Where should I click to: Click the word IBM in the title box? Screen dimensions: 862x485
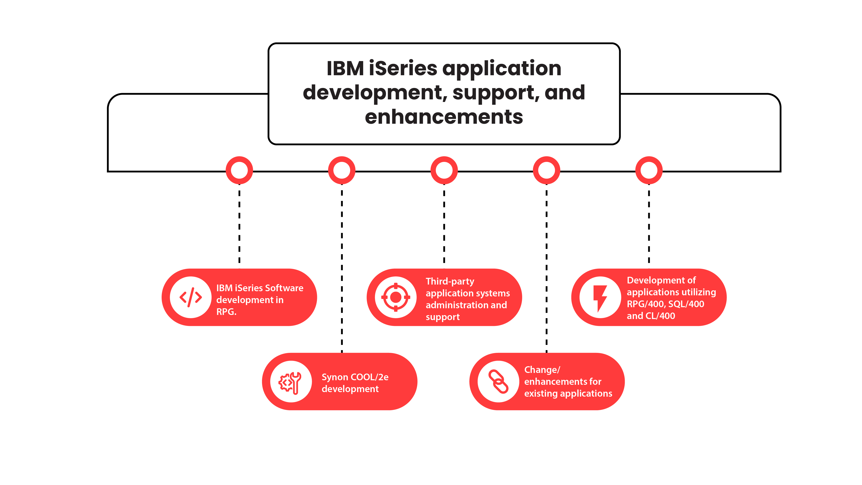point(345,68)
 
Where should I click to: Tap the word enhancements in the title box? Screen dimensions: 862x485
point(444,117)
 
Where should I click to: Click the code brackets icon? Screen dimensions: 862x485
point(191,297)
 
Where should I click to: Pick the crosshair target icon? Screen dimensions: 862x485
point(395,297)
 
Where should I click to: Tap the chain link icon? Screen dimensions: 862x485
point(498,382)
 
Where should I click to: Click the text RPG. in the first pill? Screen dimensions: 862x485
point(226,312)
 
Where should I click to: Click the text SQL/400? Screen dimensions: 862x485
point(686,304)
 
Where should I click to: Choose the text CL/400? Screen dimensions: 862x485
point(660,316)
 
